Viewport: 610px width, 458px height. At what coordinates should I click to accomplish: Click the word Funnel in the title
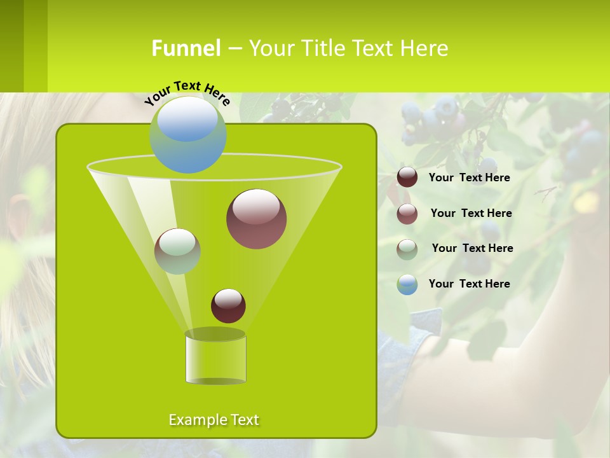(186, 48)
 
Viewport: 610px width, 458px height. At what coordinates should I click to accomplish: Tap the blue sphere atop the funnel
(188, 135)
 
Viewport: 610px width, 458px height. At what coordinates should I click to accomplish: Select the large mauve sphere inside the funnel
(256, 219)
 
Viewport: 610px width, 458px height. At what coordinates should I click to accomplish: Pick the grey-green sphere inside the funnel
(177, 251)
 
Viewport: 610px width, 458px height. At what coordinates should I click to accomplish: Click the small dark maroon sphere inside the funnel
(228, 305)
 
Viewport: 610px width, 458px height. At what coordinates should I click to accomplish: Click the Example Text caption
(213, 420)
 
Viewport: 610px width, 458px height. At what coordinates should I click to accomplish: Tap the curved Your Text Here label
(187, 93)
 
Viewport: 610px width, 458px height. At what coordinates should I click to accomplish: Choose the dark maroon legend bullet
(407, 177)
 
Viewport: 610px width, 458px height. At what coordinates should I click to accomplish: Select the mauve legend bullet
(407, 214)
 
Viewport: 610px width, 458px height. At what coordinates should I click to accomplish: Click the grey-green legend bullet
(407, 249)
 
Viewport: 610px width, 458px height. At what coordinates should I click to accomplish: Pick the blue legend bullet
(407, 284)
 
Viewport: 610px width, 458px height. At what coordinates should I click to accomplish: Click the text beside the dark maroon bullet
(469, 178)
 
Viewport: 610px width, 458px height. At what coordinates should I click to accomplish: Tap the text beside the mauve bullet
(471, 214)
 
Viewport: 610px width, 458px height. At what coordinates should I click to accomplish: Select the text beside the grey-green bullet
(472, 249)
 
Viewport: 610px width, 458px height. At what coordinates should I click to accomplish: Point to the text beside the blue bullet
(469, 284)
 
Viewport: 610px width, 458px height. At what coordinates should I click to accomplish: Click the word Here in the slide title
(425, 48)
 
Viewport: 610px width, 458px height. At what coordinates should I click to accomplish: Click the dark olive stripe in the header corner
(11, 46)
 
